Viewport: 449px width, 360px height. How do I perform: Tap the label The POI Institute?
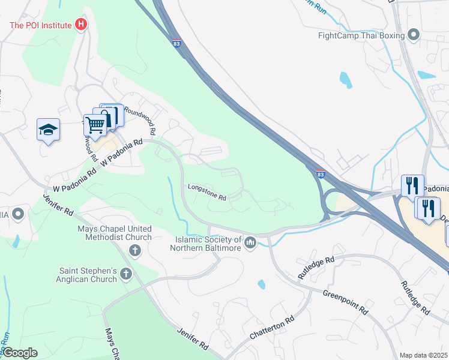pos(41,25)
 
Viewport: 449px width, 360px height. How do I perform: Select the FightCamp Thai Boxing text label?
pos(361,35)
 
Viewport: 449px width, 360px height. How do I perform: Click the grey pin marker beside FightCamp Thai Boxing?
pos(414,35)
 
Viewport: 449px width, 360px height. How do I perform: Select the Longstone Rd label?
pos(206,192)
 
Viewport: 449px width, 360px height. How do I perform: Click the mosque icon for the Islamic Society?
pos(250,242)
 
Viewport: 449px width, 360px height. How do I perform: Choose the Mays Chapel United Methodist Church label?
pos(115,233)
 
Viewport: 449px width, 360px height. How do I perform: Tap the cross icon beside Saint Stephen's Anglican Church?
pos(125,274)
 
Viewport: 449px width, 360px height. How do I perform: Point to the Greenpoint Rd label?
pos(345,302)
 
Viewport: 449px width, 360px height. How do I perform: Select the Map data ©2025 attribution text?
pos(423,355)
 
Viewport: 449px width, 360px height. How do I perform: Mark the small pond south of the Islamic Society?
pos(262,284)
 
